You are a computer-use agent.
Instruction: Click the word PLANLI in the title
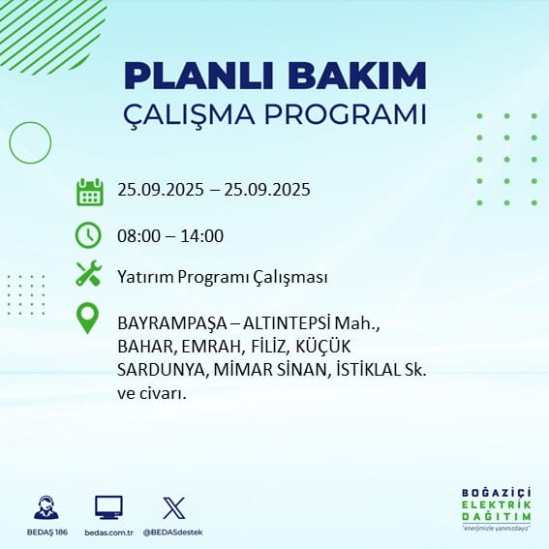pos(198,76)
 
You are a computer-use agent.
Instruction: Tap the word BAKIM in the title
pos(356,76)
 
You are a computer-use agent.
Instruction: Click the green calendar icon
pos(90,192)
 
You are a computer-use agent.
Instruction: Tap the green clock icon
pos(88,235)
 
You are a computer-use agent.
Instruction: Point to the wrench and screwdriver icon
pos(89,273)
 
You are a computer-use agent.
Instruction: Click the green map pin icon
pos(87,319)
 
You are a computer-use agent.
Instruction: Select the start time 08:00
pos(138,236)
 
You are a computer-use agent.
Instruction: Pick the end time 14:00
pos(202,236)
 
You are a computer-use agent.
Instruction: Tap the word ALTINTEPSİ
pos(287,323)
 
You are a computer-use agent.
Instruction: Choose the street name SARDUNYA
pos(161,370)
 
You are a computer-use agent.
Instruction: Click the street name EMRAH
pos(210,347)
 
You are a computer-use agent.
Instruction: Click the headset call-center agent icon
pos(46,507)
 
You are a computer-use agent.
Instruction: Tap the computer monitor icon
pos(108,507)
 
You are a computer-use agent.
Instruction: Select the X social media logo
pos(174,507)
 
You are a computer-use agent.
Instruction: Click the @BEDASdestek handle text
pos(173,533)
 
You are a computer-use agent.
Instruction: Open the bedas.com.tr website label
pos(108,533)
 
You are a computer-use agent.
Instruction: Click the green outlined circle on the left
pos(10,143)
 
